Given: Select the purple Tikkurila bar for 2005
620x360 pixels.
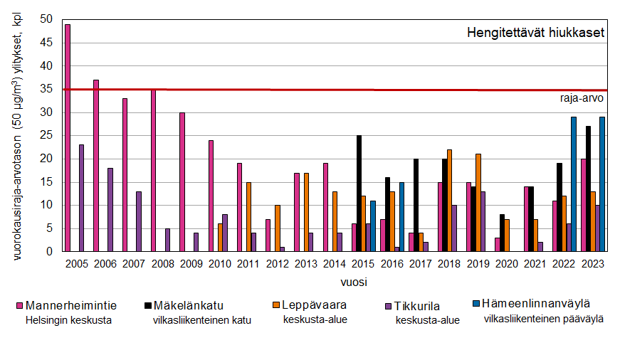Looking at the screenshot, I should pyautogui.click(x=82, y=198).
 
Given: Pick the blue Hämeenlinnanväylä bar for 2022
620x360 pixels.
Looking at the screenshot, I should pyautogui.click(x=574, y=184).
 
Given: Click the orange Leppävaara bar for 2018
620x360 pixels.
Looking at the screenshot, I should pyautogui.click(x=449, y=201).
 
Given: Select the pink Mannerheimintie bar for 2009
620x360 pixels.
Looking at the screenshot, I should pyautogui.click(x=182, y=182).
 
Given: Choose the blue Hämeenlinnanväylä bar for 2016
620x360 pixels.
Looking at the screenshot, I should pyautogui.click(x=401, y=217).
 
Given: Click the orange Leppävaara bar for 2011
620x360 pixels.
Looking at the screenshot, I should pyautogui.click(x=248, y=217).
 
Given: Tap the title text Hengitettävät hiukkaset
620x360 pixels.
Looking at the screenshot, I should pyautogui.click(x=535, y=33).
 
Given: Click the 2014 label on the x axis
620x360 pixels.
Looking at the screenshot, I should pyautogui.click(x=335, y=264).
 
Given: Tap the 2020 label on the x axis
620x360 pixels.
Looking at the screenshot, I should pyautogui.click(x=507, y=264).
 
